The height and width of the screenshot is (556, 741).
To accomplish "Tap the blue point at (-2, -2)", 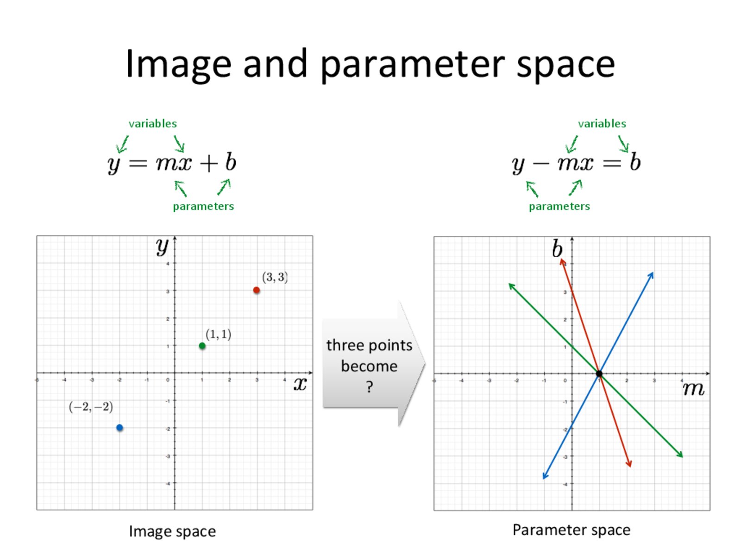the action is [119, 427].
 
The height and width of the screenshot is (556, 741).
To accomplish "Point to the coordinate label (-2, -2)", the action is [91, 407].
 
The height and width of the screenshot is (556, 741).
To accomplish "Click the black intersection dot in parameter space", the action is [599, 373].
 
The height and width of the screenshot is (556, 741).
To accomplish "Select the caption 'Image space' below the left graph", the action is [172, 531].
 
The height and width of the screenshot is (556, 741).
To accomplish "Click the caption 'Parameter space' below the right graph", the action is [571, 530].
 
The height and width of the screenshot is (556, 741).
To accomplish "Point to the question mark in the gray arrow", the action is [369, 386].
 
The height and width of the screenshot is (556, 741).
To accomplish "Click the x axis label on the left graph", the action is [300, 384].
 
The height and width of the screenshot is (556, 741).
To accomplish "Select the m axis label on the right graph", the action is [693, 389].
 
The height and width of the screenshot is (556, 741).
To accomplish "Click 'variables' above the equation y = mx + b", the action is [152, 124].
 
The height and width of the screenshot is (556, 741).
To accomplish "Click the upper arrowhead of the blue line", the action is [651, 275].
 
